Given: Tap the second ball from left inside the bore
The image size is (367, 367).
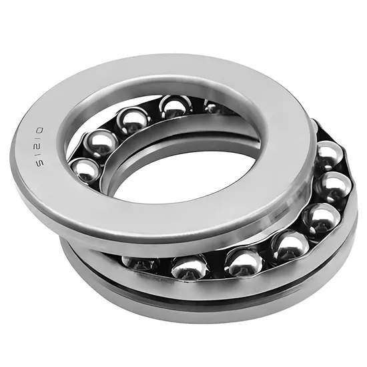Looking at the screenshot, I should (100, 144).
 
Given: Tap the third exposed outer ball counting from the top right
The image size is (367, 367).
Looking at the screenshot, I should (322, 217).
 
